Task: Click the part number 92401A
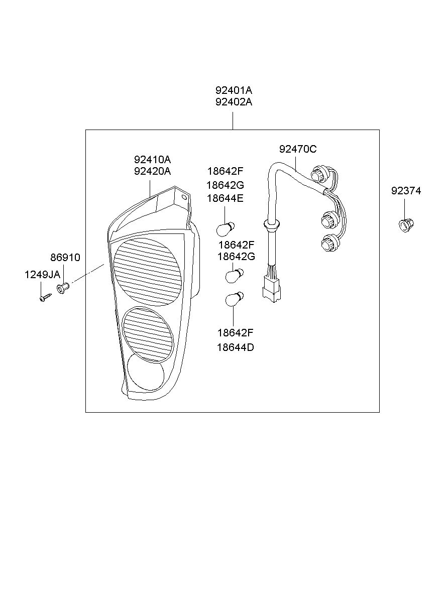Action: coord(234,90)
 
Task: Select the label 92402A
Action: coord(234,102)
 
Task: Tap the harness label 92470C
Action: coord(298,149)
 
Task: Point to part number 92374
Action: coord(406,191)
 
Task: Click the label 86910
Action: coord(65,258)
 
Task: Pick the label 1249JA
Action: coord(42,275)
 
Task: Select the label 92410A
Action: coord(152,159)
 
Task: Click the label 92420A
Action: coord(152,171)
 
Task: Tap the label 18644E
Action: coord(225,198)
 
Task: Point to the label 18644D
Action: coord(236,347)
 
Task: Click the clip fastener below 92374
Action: coord(406,225)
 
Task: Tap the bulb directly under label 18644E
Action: coord(226,229)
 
